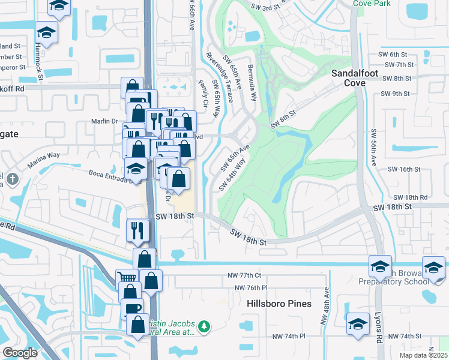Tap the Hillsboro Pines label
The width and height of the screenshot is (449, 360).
point(279,304)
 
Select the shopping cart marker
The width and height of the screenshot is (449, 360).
point(127,280)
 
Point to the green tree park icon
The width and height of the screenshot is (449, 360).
point(205,326)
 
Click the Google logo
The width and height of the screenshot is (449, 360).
point(20,353)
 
